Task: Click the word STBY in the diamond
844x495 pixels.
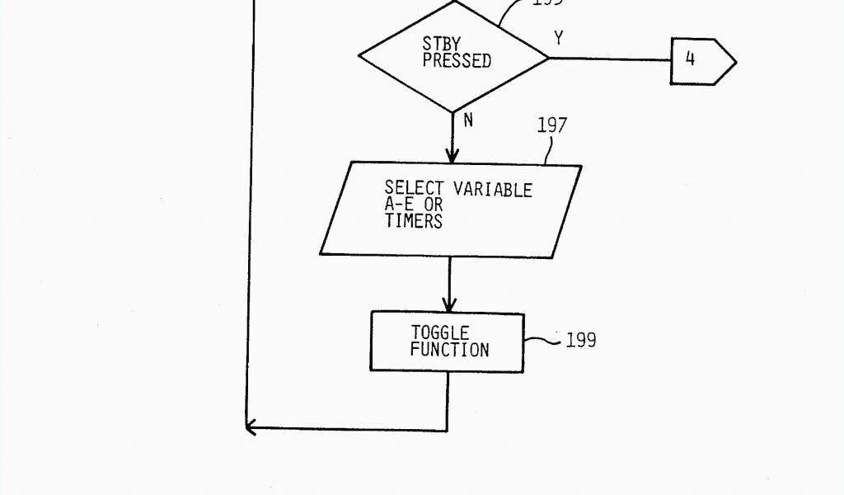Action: click(x=441, y=43)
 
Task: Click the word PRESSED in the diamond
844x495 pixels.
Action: click(x=457, y=61)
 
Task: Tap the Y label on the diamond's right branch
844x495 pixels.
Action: click(x=559, y=38)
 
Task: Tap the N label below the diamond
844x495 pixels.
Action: click(x=468, y=120)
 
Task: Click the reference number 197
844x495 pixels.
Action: click(x=551, y=125)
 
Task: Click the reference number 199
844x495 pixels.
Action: click(x=581, y=340)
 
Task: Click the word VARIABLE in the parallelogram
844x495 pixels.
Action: click(x=493, y=190)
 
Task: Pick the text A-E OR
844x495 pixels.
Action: click(x=414, y=205)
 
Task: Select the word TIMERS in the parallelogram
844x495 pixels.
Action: click(x=413, y=221)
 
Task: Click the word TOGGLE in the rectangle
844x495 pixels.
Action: click(x=440, y=332)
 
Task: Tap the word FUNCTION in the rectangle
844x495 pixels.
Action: click(x=449, y=350)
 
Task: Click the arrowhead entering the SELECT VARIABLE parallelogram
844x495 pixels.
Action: click(x=452, y=155)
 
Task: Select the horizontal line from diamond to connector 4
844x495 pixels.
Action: click(x=610, y=59)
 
